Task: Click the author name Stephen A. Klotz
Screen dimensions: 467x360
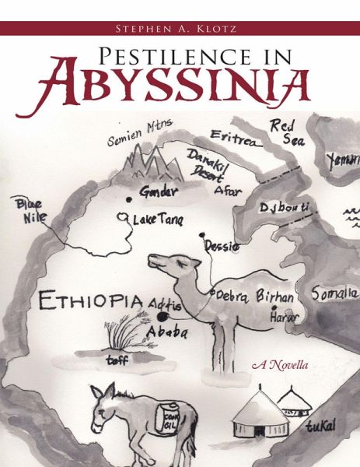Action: tap(180, 29)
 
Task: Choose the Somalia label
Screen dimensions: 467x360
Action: tap(335, 294)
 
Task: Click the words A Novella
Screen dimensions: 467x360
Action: tap(280, 364)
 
